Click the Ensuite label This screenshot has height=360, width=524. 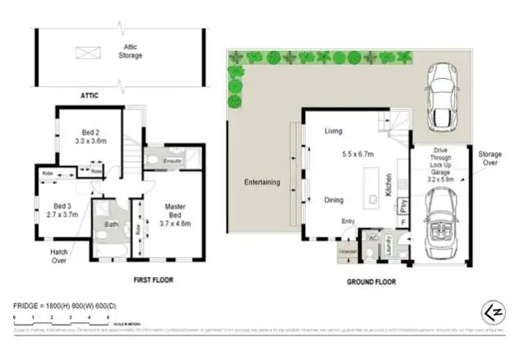[x=173, y=161]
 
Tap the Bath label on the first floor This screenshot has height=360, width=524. [x=113, y=222]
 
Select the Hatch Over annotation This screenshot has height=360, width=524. [x=58, y=256]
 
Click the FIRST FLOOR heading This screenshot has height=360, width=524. [x=153, y=279]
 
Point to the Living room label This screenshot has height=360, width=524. [x=333, y=130]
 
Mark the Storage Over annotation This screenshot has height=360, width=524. [x=485, y=159]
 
